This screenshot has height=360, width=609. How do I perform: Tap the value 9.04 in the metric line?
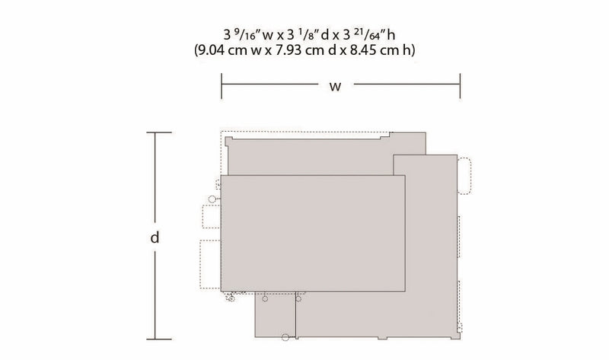point(212,50)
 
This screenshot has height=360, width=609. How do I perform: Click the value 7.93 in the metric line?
point(289,50)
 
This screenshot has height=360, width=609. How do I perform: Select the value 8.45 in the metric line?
point(364,50)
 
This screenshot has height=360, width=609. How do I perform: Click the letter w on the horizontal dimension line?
point(335,86)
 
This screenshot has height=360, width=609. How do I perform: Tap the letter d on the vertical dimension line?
point(155,237)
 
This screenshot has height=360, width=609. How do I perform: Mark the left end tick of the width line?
point(222,86)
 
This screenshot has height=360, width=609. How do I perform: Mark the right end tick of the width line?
point(461,86)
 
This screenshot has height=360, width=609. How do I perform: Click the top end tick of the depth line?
point(159,133)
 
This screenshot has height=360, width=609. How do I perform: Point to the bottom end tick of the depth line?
point(159,339)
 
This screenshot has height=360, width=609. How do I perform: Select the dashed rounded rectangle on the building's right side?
point(464,176)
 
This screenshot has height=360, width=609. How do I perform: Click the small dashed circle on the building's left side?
point(212,199)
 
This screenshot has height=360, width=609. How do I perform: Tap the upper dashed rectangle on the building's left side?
point(212,216)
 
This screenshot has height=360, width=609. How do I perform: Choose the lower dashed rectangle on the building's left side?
point(210,264)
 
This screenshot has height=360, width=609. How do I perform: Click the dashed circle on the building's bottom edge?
point(285,337)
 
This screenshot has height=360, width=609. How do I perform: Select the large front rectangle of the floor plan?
point(313,233)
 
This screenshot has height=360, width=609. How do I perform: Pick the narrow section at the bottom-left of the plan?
point(276,314)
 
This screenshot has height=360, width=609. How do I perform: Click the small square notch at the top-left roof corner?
point(228,141)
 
